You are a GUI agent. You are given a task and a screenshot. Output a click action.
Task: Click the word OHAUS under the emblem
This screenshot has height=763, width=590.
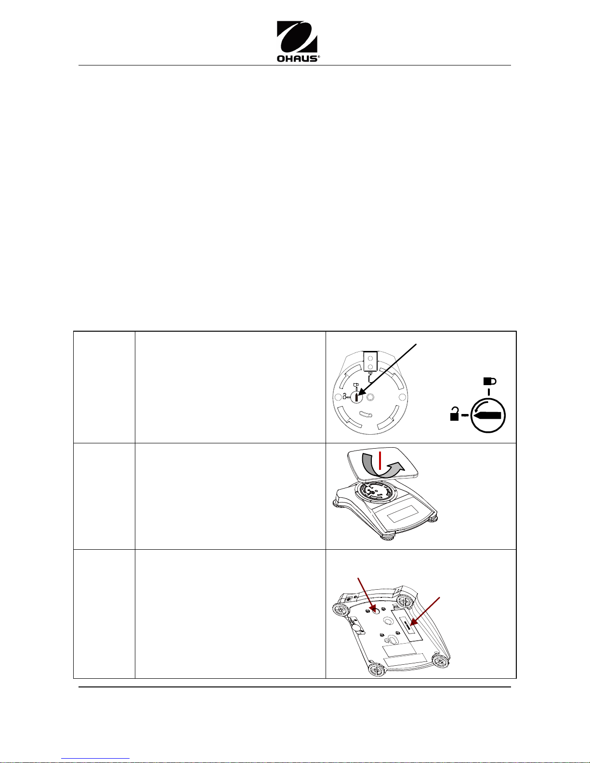pos(297,58)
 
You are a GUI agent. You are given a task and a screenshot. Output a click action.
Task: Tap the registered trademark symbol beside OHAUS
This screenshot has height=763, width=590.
pos(318,56)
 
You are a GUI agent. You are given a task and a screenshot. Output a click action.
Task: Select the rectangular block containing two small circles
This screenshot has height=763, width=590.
pos(370,361)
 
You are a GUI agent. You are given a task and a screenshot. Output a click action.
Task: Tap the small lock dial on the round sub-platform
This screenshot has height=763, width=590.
pos(356,397)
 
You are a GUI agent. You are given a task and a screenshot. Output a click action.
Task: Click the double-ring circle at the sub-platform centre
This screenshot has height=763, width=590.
pos(370,397)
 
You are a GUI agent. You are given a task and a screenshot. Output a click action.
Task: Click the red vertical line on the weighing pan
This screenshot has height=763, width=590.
pos(380,460)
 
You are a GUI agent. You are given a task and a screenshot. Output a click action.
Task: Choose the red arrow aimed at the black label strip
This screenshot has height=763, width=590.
pos(424,612)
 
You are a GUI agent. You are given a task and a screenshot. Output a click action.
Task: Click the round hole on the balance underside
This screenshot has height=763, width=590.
pos(376,610)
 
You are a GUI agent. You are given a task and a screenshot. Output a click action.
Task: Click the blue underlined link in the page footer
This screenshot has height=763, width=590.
pos(95,758)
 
